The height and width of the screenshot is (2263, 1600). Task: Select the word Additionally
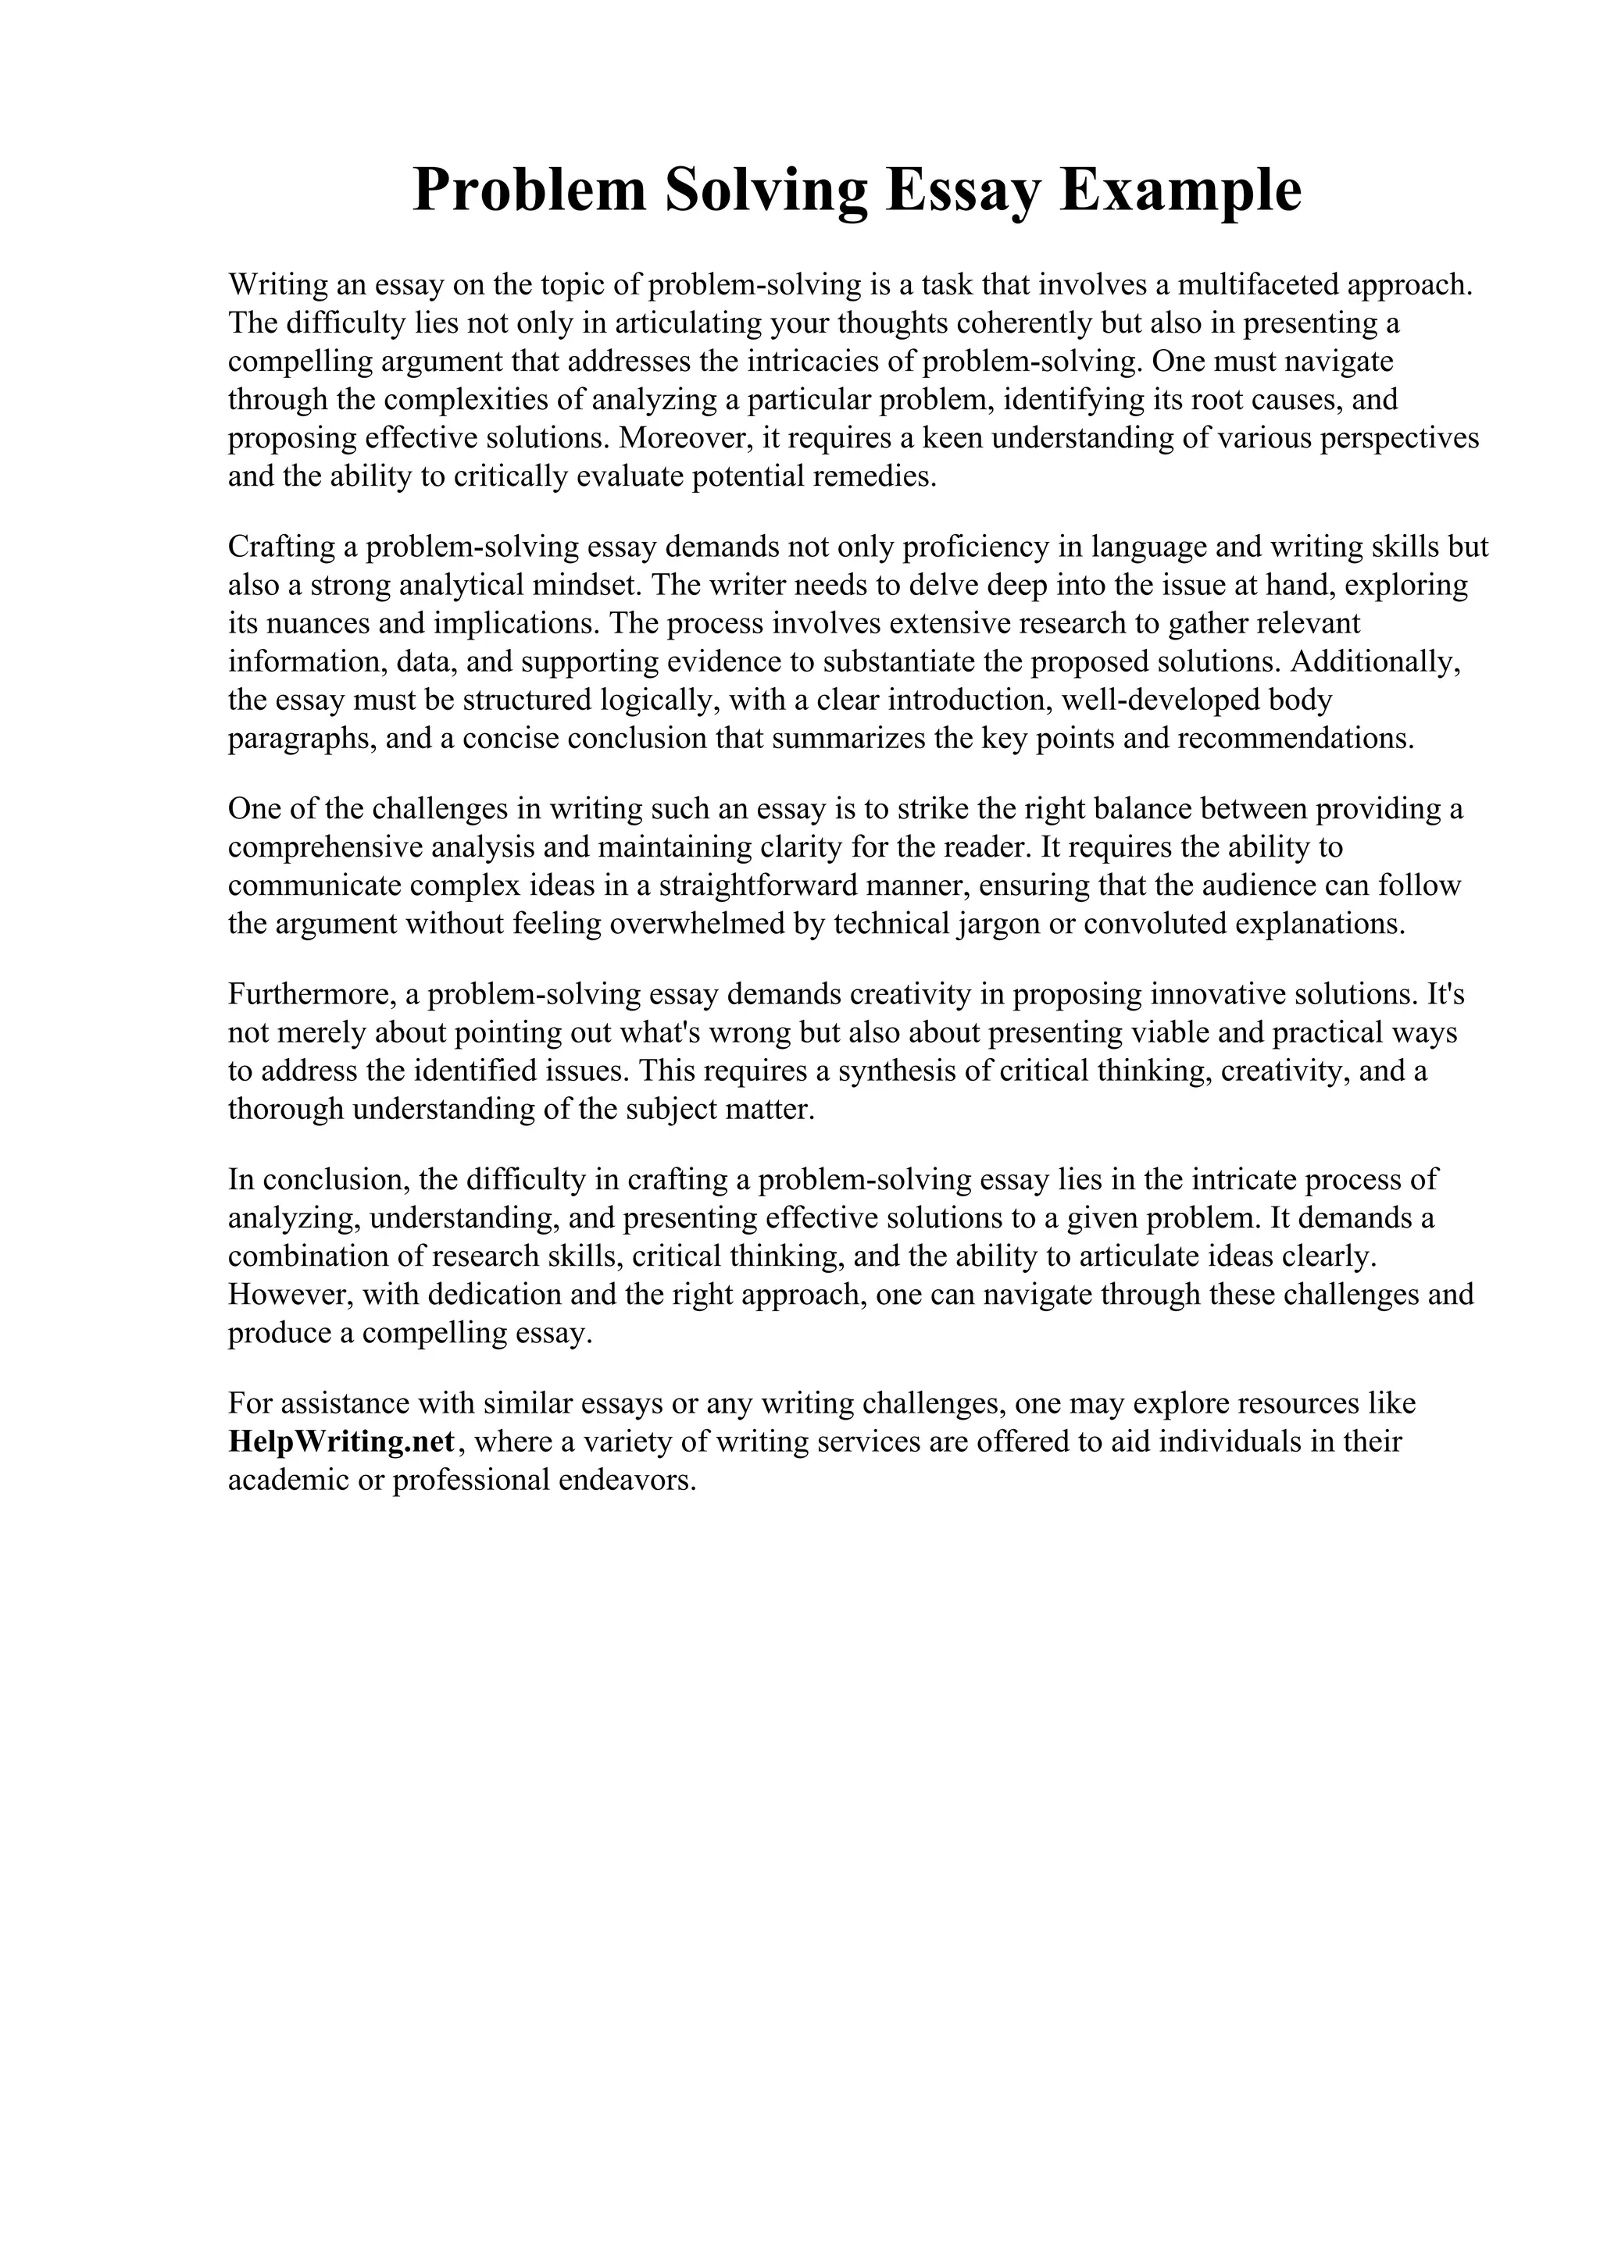coord(1374,662)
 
